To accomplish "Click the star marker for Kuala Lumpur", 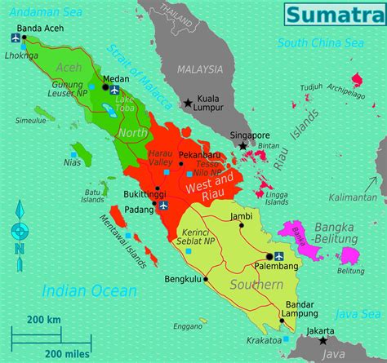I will [189, 104].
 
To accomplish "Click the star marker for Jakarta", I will [324, 340].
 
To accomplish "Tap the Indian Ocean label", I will [78, 290].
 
